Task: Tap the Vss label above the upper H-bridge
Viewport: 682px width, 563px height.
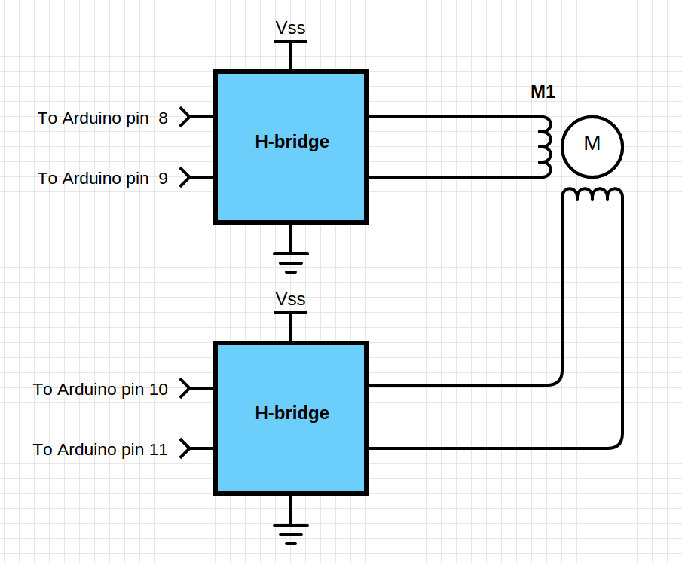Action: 290,28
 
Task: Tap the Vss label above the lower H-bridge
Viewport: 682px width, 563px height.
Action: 290,299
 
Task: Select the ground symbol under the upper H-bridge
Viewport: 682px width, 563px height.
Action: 291,259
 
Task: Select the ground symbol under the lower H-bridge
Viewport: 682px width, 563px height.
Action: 291,531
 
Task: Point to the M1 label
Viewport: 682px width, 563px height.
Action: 543,92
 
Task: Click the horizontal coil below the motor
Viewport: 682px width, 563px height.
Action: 592,195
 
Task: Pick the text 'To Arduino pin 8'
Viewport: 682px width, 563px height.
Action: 102,118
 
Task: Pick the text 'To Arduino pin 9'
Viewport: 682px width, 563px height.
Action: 102,179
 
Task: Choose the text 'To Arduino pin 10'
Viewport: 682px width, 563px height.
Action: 100,390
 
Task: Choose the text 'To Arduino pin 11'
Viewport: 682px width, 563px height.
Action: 100,450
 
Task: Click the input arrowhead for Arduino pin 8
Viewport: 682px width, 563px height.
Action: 185,118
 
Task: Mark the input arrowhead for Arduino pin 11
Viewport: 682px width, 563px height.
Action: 185,449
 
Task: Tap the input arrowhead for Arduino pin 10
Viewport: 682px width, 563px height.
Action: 185,389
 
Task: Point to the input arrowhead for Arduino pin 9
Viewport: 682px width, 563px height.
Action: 185,178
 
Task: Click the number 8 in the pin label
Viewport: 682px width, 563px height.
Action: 164,118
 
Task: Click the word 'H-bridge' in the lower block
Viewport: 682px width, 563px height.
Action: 292,413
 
